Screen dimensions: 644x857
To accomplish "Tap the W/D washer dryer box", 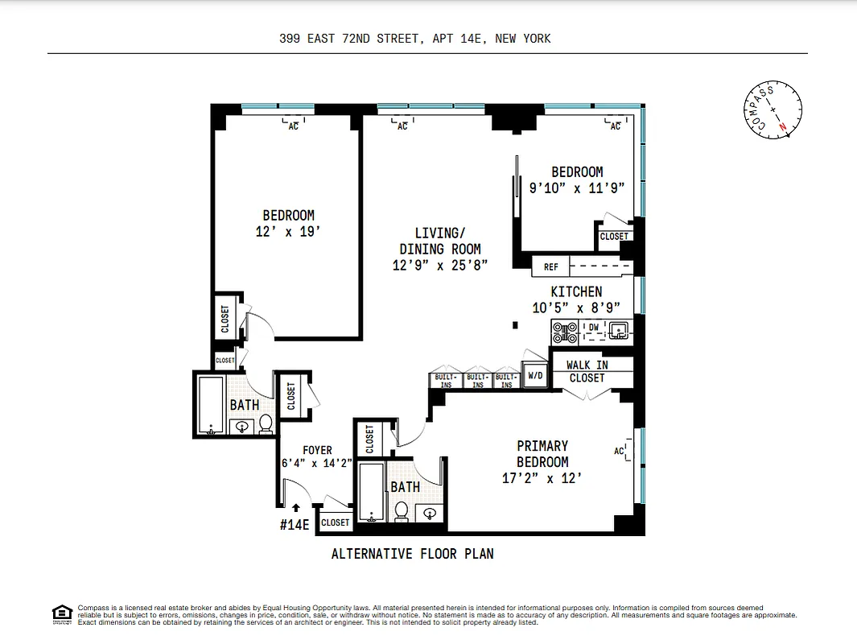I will tap(535, 375).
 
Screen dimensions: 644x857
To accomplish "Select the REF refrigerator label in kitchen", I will tap(551, 266).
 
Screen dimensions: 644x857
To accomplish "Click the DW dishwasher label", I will tap(593, 327).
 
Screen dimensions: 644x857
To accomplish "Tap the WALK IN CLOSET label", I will tap(587, 371).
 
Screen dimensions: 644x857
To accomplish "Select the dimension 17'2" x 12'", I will tap(542, 479).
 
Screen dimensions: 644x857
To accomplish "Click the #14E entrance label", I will tap(295, 524).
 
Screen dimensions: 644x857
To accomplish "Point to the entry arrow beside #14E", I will tap(296, 508).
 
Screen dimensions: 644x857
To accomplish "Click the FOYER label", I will tap(317, 450).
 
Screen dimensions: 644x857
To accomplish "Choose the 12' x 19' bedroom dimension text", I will tap(288, 231).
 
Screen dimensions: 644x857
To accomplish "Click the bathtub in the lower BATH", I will tap(371, 490).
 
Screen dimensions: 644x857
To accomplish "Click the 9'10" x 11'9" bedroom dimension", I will tap(576, 188).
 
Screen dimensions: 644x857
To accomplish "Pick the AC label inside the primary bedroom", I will tap(620, 451).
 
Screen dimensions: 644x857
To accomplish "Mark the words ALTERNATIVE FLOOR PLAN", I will tap(412, 554).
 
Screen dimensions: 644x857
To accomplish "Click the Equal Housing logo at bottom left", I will tap(62, 613).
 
